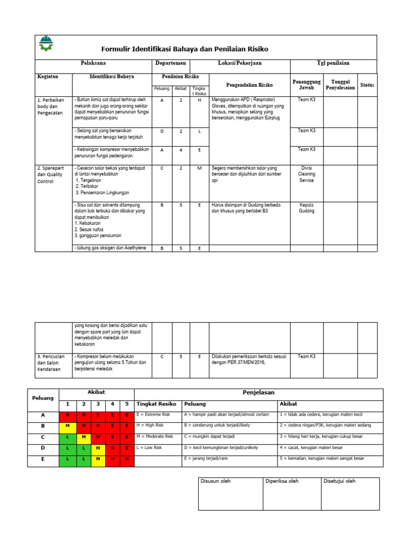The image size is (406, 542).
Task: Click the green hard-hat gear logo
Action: (47, 43)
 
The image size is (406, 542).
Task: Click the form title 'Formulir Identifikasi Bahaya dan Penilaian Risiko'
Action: (184, 49)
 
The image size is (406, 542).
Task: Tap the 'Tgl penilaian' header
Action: (333, 63)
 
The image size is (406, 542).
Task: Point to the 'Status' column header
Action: (367, 85)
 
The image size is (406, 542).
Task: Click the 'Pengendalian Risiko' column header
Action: (249, 85)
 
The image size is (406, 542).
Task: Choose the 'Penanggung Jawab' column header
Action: (306, 85)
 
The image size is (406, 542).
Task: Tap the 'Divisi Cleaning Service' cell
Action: (306, 174)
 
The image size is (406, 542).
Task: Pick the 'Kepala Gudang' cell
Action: (306, 207)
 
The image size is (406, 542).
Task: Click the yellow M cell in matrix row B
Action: (67, 426)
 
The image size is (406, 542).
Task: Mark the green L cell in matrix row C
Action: (67, 437)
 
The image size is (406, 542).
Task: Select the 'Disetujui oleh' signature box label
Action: (340, 481)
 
